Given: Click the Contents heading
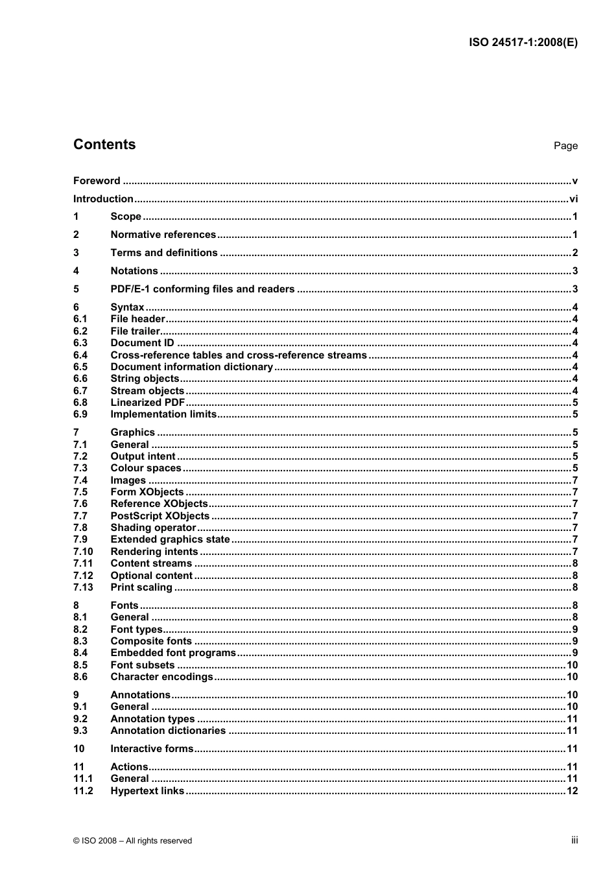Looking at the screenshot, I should click(104, 145).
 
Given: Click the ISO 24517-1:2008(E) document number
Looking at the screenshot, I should click(523, 43).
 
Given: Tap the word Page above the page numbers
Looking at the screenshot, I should click(565, 146).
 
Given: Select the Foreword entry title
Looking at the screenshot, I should click(97, 181).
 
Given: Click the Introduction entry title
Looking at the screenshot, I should click(103, 199).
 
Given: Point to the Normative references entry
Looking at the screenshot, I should click(163, 235).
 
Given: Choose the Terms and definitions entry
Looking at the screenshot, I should click(164, 253).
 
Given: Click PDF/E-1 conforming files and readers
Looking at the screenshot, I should click(202, 289).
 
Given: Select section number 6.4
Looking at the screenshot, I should click(80, 355).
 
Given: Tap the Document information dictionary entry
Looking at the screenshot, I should click(191, 367).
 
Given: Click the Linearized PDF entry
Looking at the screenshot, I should click(148, 403).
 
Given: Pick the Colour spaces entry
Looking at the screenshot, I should click(146, 468).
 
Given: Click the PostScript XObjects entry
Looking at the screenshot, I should click(160, 516).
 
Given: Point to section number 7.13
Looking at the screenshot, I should click(83, 587).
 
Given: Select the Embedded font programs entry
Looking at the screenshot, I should click(173, 653).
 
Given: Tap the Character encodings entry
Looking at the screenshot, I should click(161, 677).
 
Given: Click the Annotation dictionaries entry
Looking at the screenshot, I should click(168, 731).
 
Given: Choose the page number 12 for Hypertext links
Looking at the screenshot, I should click(572, 791).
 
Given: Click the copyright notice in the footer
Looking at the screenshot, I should click(132, 841).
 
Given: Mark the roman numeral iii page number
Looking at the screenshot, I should click(575, 840).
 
